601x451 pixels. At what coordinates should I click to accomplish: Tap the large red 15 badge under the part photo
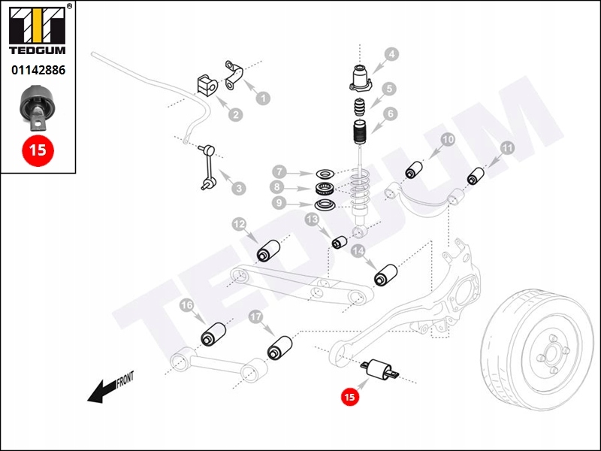point(37,149)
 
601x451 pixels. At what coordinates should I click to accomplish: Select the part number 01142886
point(37,71)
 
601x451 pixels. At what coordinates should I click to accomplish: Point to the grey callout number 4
point(391,55)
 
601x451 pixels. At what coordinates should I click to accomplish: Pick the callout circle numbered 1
point(263,97)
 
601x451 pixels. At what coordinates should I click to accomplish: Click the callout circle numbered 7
point(278,171)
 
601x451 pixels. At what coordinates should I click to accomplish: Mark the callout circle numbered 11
point(507,149)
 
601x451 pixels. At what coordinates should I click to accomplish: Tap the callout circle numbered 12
point(239,223)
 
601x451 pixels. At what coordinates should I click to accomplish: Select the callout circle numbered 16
point(186,304)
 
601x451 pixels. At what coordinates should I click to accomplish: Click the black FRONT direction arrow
point(105,389)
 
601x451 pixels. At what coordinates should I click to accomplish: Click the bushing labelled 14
point(385,274)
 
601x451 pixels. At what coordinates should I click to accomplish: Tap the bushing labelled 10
point(416,170)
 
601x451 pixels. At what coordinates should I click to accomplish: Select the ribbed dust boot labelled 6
point(359,137)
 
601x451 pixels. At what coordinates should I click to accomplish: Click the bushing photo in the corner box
point(36,105)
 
